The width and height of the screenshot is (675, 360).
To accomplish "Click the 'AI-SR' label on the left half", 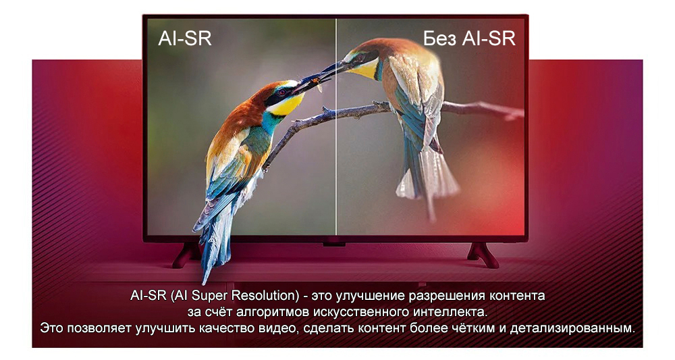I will coord(185,38).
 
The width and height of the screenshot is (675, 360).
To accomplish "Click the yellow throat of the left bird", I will coord(286,105).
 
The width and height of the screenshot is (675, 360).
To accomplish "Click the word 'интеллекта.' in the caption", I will coord(451,313).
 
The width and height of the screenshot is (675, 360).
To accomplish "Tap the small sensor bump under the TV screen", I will coord(334,243).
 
